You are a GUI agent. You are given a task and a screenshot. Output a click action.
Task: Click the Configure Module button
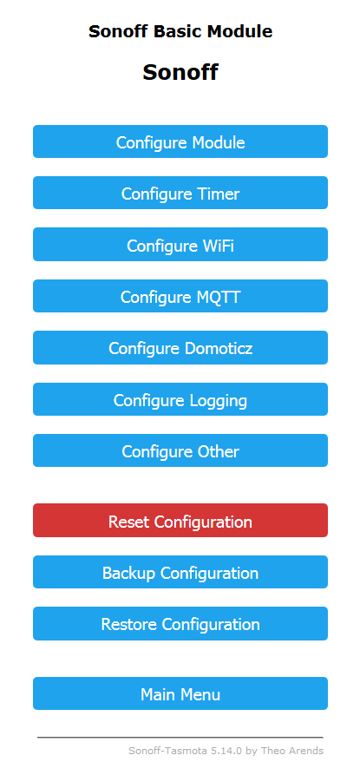coord(180,141)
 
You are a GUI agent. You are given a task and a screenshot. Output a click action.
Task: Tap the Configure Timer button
coord(180,193)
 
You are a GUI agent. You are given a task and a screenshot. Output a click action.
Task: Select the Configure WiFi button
coord(180,244)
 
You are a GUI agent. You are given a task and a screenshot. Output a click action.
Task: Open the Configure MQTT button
coord(180,296)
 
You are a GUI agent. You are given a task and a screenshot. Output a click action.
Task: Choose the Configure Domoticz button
coord(180,347)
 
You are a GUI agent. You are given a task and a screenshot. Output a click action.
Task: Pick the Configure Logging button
coord(180,399)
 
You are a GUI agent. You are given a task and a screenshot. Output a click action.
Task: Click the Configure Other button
coord(180,450)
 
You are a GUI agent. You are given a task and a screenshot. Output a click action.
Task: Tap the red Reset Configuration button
coord(180,521)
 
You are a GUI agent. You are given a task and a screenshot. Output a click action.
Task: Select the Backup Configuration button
coord(180,572)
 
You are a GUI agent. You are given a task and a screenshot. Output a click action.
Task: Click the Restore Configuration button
coord(180,624)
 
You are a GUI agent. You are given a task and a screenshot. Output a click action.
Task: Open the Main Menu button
coord(180,694)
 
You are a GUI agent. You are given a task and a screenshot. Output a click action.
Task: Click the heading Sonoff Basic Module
coord(180,31)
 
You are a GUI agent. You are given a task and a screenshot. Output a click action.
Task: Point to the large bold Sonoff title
coord(180,72)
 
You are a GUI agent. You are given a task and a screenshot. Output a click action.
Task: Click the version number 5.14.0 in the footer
coord(226,751)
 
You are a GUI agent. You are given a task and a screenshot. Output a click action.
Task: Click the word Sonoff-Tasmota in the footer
coord(168,751)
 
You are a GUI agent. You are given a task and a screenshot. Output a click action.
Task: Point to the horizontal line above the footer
coord(180,738)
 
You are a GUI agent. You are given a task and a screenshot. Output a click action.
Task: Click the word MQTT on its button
coord(215,297)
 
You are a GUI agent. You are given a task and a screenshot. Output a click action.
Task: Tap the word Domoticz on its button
coord(219,349)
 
